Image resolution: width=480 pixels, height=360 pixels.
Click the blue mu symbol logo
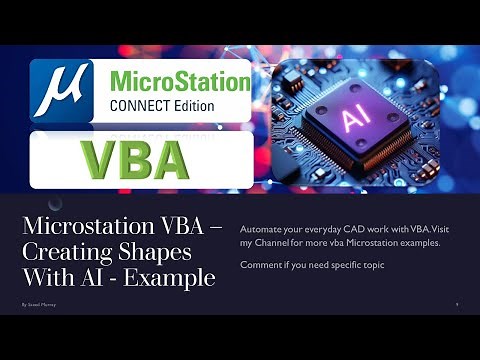tap(61, 91)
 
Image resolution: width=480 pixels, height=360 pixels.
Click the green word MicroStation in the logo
tap(179, 79)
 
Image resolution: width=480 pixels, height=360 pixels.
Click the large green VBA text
tap(135, 159)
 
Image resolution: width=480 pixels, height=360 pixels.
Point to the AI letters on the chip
tap(354, 120)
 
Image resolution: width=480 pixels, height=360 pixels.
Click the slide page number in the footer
tap(456, 301)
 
